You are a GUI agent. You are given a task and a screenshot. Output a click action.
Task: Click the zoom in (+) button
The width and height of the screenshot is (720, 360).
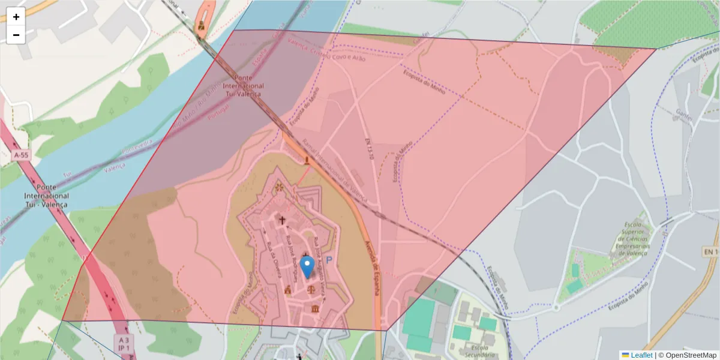(16, 17)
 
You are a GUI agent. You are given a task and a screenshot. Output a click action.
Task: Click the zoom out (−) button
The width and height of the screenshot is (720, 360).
(16, 35)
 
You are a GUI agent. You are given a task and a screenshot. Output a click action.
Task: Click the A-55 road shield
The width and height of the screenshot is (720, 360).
(21, 155)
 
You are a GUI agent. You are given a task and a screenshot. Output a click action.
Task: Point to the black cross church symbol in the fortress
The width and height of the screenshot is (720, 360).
(282, 220)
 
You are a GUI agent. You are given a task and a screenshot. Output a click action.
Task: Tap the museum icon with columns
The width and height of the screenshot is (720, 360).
(316, 308)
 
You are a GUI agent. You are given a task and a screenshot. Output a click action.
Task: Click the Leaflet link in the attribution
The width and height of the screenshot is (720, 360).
(641, 355)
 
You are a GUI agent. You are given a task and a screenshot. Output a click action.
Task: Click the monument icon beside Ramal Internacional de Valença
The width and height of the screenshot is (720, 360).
(307, 160)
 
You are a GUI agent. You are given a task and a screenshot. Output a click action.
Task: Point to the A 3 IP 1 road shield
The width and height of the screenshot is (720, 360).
(123, 343)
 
